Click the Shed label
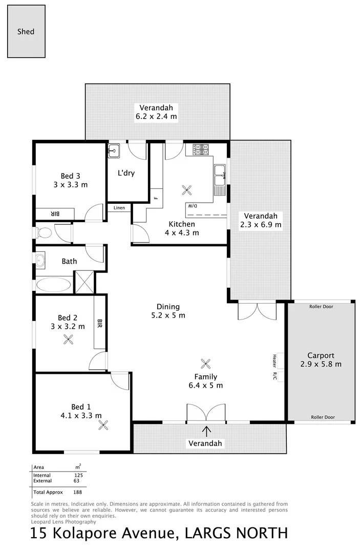point(26,31)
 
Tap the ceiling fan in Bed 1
point(104,424)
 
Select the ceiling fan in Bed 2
point(68,338)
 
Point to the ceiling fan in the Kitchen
point(186,190)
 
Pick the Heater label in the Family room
point(275,360)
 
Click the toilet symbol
point(44,233)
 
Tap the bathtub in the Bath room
point(54,285)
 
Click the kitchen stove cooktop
point(201,150)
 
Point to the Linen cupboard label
point(119,208)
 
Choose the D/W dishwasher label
point(192,205)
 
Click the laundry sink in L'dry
point(114,151)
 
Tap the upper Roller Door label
point(321,307)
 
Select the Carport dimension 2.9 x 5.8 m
point(321,364)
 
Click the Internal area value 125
point(78,475)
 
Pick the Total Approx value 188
point(78,492)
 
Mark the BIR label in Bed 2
point(100,323)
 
